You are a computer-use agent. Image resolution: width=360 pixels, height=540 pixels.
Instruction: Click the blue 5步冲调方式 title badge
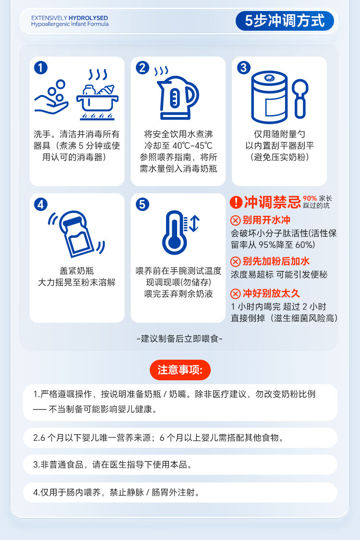pos(285,21)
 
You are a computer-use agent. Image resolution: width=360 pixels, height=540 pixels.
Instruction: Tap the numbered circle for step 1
pos(40,68)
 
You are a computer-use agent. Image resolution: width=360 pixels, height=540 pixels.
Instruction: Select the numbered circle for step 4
pos(40,204)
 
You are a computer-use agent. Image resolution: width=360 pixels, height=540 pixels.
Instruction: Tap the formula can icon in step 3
pos(269,97)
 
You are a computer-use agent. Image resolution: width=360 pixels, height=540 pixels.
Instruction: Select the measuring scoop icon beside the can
pos(300,99)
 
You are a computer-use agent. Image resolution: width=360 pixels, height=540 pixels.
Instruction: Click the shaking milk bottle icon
pos(76,234)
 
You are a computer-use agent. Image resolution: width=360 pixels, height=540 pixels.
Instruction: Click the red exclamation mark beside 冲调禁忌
pos(236,202)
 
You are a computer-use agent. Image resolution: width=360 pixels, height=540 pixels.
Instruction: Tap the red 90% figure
pos(310,199)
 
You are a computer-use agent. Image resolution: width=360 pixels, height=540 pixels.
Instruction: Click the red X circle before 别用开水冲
pos(235,221)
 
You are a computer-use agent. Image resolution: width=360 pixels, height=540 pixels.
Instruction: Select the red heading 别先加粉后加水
pos(276,261)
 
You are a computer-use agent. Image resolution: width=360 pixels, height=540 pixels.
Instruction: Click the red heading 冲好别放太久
pos(271,293)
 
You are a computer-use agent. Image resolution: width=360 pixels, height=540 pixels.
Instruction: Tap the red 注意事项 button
pos(180,370)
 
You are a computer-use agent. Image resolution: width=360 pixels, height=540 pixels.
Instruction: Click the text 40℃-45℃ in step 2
pos(192,146)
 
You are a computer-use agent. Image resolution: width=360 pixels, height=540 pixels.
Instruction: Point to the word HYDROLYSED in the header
pos(88,18)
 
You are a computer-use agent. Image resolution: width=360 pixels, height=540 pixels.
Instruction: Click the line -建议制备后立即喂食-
pos(180,339)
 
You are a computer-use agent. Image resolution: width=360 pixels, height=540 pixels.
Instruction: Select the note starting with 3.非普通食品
pos(112,465)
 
